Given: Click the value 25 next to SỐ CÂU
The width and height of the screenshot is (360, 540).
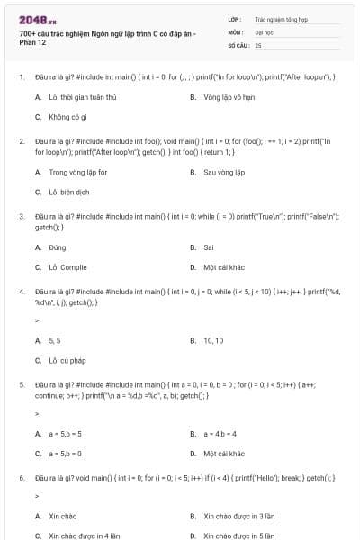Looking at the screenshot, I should (258, 44).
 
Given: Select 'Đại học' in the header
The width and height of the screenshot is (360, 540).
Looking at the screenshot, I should (265, 31).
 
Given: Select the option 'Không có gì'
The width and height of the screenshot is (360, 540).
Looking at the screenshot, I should (67, 117).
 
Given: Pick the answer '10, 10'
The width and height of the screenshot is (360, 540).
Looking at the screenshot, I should (213, 341).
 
